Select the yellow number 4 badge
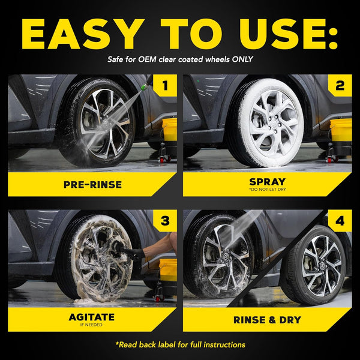[x=340, y=221]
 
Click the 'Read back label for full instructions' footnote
[x=180, y=344]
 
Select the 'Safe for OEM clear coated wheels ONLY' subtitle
[x=180, y=59]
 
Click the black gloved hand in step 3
[x=135, y=254]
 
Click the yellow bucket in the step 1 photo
[x=170, y=129]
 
